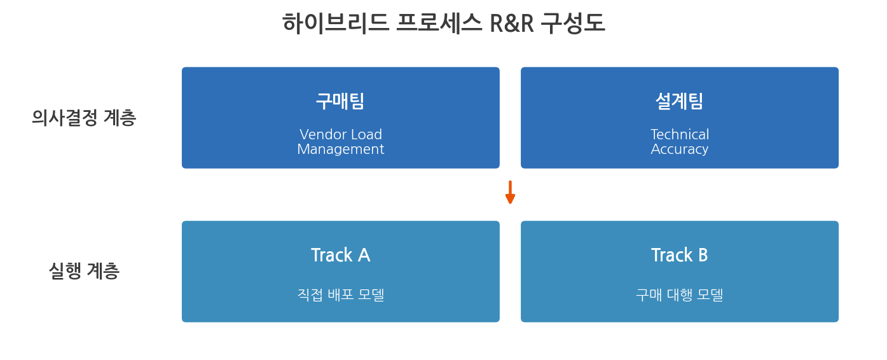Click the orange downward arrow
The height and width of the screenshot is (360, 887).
click(x=510, y=192)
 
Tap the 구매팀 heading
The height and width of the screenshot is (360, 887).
click(x=340, y=101)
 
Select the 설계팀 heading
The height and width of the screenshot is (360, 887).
click(x=680, y=101)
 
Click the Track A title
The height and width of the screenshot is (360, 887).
click(x=341, y=255)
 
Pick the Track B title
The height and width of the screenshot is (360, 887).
click(x=680, y=255)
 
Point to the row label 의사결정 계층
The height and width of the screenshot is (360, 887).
click(x=84, y=118)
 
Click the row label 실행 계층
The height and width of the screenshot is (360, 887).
click(x=84, y=272)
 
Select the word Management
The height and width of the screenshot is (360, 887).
click(x=341, y=149)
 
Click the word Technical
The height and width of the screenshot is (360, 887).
click(x=680, y=134)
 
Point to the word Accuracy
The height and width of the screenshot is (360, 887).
click(x=680, y=149)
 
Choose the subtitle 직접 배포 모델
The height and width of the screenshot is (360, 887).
click(x=341, y=294)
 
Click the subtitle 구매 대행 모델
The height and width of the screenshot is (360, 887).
click(x=680, y=294)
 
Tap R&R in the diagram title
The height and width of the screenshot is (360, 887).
click(x=512, y=24)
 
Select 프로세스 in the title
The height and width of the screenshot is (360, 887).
click(x=439, y=23)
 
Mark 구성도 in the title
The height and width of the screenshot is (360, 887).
click(x=573, y=23)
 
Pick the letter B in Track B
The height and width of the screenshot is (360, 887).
click(x=703, y=255)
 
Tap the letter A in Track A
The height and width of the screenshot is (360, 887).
click(x=364, y=255)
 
